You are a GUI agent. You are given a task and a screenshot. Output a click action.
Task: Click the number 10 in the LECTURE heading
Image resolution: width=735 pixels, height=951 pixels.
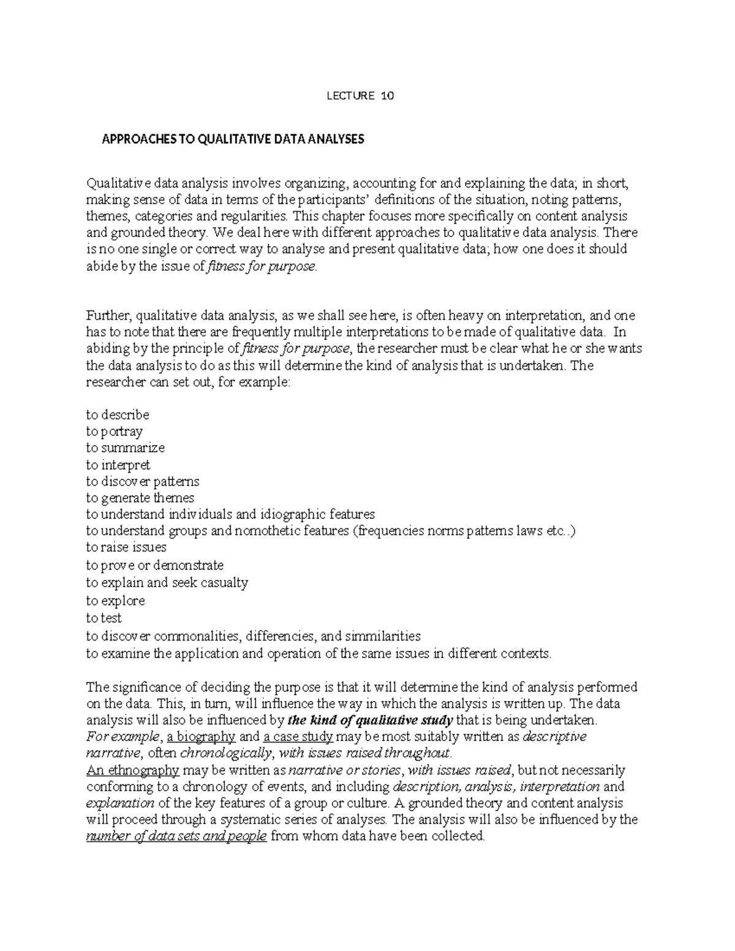coord(387,96)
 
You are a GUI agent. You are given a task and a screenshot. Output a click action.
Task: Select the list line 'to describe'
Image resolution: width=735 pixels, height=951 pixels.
coord(118,415)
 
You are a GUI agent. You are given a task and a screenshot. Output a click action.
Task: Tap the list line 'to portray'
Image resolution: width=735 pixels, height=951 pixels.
coord(114,432)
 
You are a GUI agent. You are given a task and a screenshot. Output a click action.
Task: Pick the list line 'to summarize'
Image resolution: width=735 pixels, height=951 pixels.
coord(126,448)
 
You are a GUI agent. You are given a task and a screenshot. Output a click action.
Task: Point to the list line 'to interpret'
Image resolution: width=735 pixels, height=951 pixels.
coord(118,465)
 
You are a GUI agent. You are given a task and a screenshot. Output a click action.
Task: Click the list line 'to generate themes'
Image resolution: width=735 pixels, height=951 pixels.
coord(140,498)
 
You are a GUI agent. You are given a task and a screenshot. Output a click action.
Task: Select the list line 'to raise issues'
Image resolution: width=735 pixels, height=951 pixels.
coord(126,547)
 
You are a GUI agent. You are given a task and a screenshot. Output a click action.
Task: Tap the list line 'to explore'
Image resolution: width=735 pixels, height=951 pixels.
coord(115,601)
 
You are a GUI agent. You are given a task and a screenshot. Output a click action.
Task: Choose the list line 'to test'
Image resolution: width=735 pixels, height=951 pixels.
coord(104,618)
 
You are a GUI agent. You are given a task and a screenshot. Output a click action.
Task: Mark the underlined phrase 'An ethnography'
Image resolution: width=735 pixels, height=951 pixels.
coord(133,770)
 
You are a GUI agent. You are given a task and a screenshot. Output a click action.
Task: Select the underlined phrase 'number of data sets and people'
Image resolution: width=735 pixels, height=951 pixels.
coord(177,836)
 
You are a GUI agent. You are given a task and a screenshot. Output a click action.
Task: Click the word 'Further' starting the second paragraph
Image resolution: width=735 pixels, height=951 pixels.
coord(108,316)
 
